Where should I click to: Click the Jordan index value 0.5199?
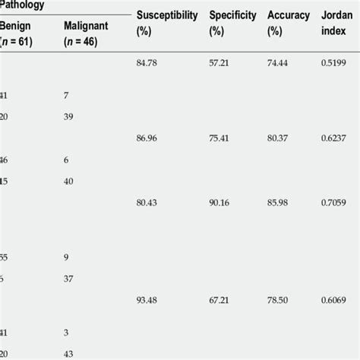point(334,64)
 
